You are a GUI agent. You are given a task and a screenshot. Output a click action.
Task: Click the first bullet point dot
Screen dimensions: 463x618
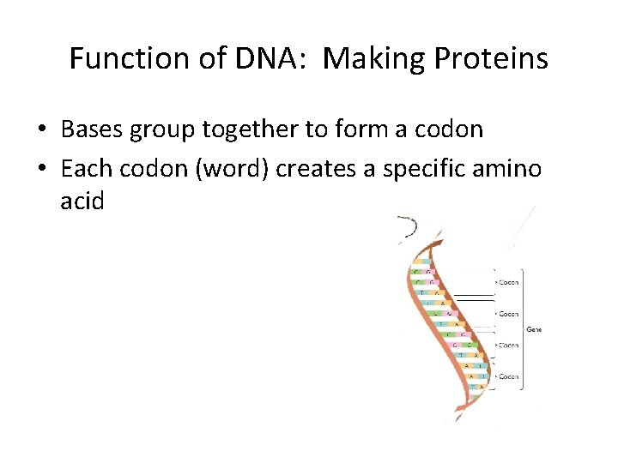pyautogui.click(x=42, y=130)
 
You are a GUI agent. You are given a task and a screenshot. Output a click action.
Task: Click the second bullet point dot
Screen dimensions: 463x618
pyautogui.click(x=42, y=170)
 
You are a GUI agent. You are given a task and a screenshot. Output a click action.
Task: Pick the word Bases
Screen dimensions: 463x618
pyautogui.click(x=89, y=129)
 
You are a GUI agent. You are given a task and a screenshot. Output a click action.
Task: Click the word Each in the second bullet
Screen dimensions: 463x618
pyautogui.click(x=83, y=169)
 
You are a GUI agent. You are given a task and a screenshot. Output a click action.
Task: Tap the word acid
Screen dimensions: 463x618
pyautogui.click(x=82, y=201)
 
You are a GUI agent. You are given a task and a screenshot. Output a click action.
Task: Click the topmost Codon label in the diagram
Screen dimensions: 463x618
pyautogui.click(x=507, y=282)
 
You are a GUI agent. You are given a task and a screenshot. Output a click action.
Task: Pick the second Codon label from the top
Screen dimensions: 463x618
pyautogui.click(x=507, y=315)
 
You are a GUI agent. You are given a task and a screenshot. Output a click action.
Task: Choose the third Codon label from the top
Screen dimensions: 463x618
pyautogui.click(x=507, y=346)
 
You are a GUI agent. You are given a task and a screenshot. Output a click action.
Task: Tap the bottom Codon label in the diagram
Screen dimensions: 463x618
pyautogui.click(x=507, y=376)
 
